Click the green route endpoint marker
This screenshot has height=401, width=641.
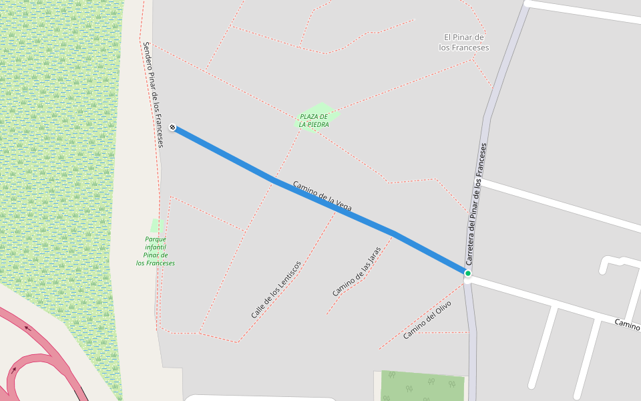tap(468, 273)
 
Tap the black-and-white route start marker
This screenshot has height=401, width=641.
tap(172, 127)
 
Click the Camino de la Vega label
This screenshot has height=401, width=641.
tap(322, 196)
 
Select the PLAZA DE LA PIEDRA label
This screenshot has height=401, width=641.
tap(313, 121)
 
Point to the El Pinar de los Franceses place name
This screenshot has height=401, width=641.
tap(464, 43)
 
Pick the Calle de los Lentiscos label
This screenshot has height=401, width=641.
tap(276, 289)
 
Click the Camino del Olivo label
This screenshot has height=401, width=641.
tap(427, 320)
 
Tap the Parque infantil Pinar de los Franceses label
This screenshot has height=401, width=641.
tap(156, 251)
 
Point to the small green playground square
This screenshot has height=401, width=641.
tap(156, 225)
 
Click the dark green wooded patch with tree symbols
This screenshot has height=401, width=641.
tap(422, 386)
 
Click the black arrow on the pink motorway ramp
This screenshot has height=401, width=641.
tap(27, 327)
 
